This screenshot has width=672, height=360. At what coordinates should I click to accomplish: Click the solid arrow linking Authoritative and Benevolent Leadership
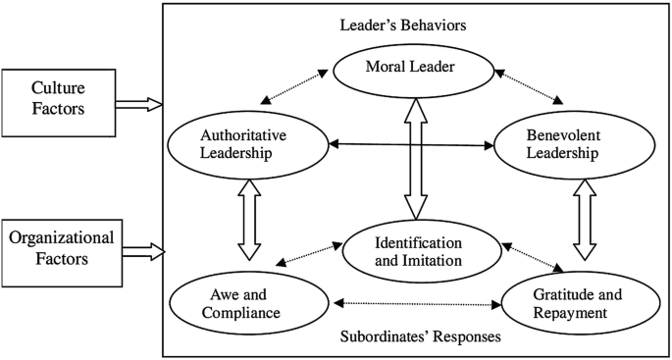[413, 146]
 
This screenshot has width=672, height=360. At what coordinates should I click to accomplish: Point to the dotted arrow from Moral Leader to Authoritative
[297, 86]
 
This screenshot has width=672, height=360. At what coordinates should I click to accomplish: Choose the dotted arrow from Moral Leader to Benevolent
[529, 86]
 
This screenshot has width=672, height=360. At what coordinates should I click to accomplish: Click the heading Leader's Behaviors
[416, 24]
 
